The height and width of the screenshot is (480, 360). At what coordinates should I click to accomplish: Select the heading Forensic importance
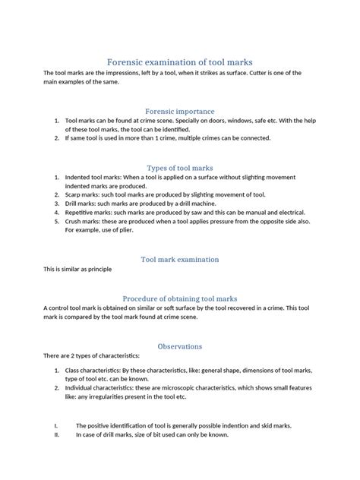pos(179,110)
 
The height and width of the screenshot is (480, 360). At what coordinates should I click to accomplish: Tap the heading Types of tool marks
pos(179,167)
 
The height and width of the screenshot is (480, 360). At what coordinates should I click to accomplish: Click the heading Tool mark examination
pos(179,259)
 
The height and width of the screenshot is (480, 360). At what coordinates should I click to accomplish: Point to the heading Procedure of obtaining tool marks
pos(179,298)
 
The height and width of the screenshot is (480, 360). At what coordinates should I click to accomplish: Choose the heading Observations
pos(179,346)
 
